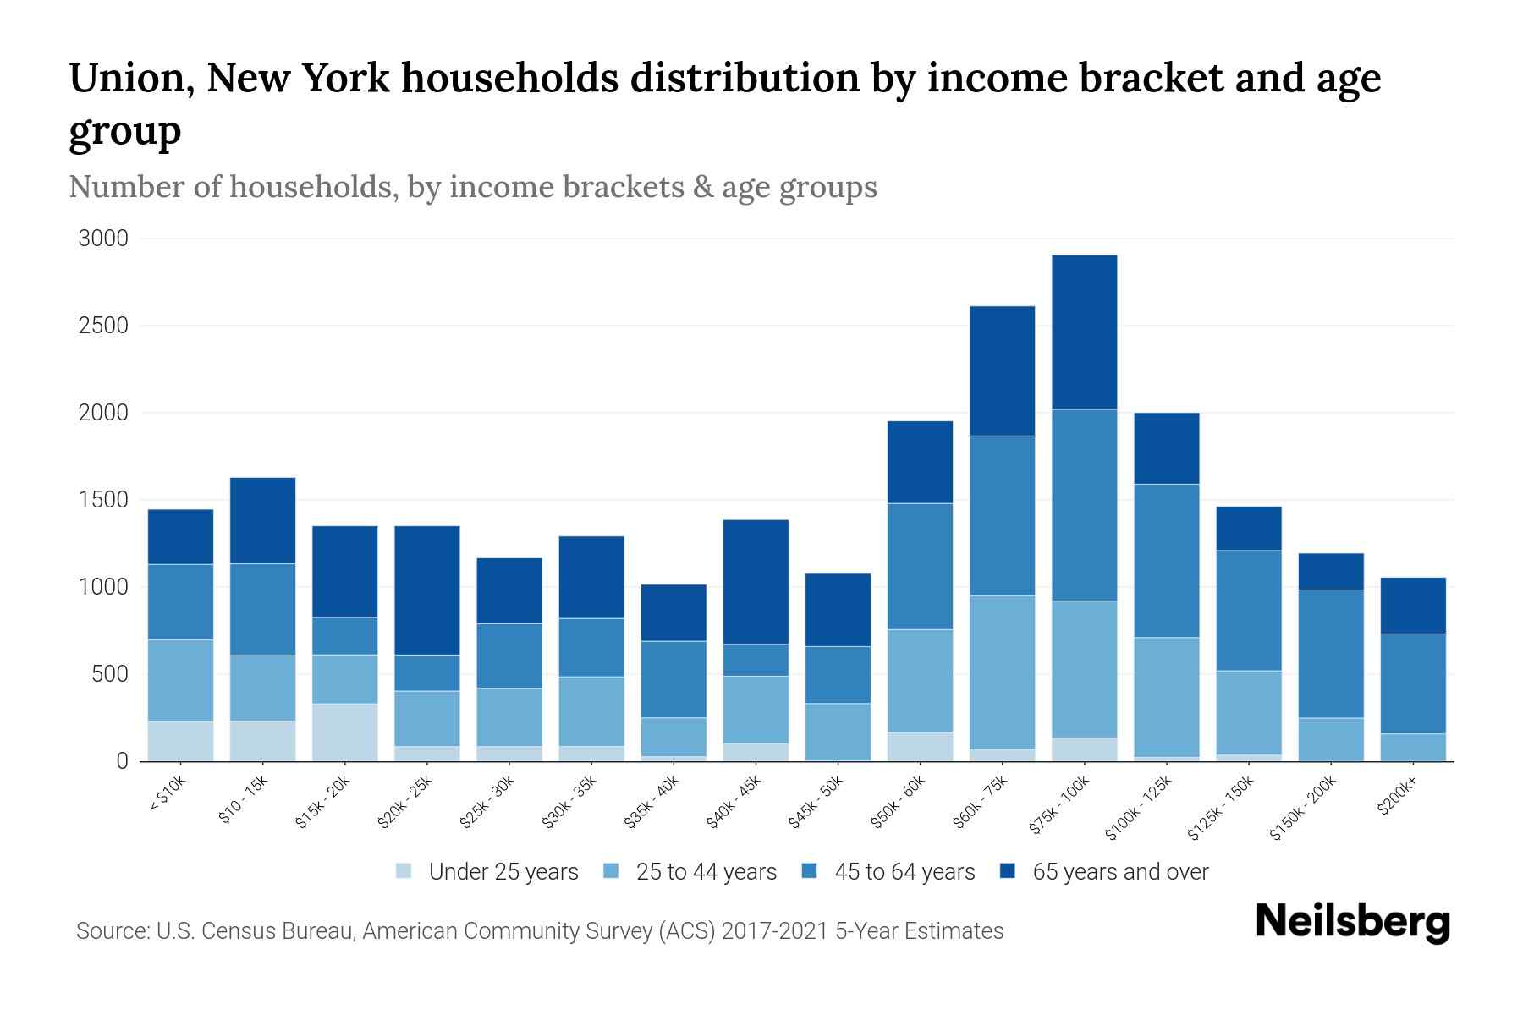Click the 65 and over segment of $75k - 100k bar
coord(1084,332)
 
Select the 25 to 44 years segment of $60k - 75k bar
coord(1002,672)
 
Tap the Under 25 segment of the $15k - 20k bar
coord(344,732)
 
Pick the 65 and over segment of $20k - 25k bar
coord(427,590)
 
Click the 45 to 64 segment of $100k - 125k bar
coord(1166,560)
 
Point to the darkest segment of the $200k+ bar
coord(1413,605)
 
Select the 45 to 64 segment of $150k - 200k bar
coord(1331,653)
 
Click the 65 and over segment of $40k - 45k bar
coord(756,581)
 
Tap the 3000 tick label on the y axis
coord(103,239)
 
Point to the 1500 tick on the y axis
coord(103,500)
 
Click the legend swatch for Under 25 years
coord(404,870)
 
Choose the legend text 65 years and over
coord(1120,872)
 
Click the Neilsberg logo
coord(1352,922)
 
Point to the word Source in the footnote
coord(110,931)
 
